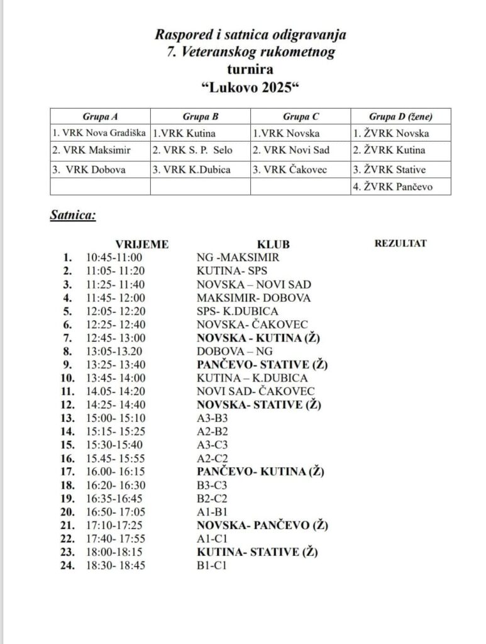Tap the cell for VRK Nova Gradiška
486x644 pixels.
click(99, 133)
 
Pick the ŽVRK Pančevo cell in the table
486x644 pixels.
click(392, 187)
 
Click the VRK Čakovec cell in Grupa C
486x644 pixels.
click(290, 170)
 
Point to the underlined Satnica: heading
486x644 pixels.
click(73, 216)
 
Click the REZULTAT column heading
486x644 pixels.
click(400, 243)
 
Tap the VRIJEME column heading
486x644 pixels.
click(141, 244)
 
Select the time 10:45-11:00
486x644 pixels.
click(114, 257)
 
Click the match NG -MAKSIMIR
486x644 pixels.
click(238, 257)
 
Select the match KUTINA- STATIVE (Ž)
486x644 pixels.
click(257, 552)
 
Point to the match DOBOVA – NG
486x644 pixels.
click(229, 351)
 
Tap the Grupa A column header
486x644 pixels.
click(100, 116)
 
